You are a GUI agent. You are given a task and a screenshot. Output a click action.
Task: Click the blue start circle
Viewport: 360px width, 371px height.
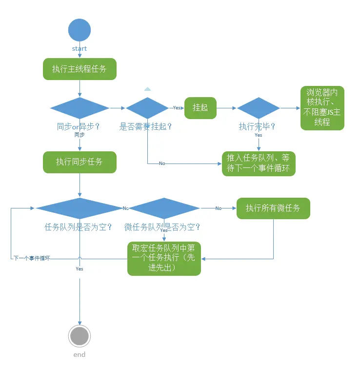[80, 30]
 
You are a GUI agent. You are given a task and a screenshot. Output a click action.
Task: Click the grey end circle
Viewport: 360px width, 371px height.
[80, 336]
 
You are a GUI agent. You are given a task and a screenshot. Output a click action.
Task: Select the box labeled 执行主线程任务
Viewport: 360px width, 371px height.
[80, 69]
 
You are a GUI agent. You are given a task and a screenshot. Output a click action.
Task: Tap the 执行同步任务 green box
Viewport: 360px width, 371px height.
[80, 162]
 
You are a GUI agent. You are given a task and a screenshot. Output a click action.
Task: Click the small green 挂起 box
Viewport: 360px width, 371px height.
[200, 108]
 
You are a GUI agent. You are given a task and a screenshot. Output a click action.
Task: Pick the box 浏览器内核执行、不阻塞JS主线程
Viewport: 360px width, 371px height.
[322, 108]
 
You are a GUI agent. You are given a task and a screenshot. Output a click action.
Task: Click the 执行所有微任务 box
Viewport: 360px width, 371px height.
[273, 208]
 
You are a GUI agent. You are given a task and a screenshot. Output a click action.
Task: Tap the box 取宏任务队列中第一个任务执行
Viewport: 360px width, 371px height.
[164, 258]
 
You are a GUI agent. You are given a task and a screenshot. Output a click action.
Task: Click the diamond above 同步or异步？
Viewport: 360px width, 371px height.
[80, 108]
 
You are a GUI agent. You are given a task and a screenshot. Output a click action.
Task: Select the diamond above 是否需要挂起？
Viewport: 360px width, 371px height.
[147, 108]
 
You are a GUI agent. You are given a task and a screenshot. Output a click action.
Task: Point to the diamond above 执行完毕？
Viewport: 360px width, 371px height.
[259, 108]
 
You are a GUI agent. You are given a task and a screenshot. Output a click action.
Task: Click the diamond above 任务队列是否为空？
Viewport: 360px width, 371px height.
[79, 208]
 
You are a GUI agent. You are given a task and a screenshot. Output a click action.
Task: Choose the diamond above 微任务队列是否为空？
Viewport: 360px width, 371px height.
[164, 208]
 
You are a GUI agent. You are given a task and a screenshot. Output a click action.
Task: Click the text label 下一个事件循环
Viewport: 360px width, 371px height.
[31, 258]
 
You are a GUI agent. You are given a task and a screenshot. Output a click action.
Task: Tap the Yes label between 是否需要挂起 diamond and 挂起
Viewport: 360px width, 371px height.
[177, 108]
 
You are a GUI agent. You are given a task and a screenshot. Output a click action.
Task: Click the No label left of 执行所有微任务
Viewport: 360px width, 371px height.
[218, 208]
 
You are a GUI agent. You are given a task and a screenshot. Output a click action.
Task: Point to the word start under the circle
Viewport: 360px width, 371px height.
[80, 48]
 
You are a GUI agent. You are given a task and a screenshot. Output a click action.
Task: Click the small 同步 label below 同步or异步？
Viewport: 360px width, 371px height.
[80, 135]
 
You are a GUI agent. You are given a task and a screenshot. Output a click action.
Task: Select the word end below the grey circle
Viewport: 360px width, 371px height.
[80, 354]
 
